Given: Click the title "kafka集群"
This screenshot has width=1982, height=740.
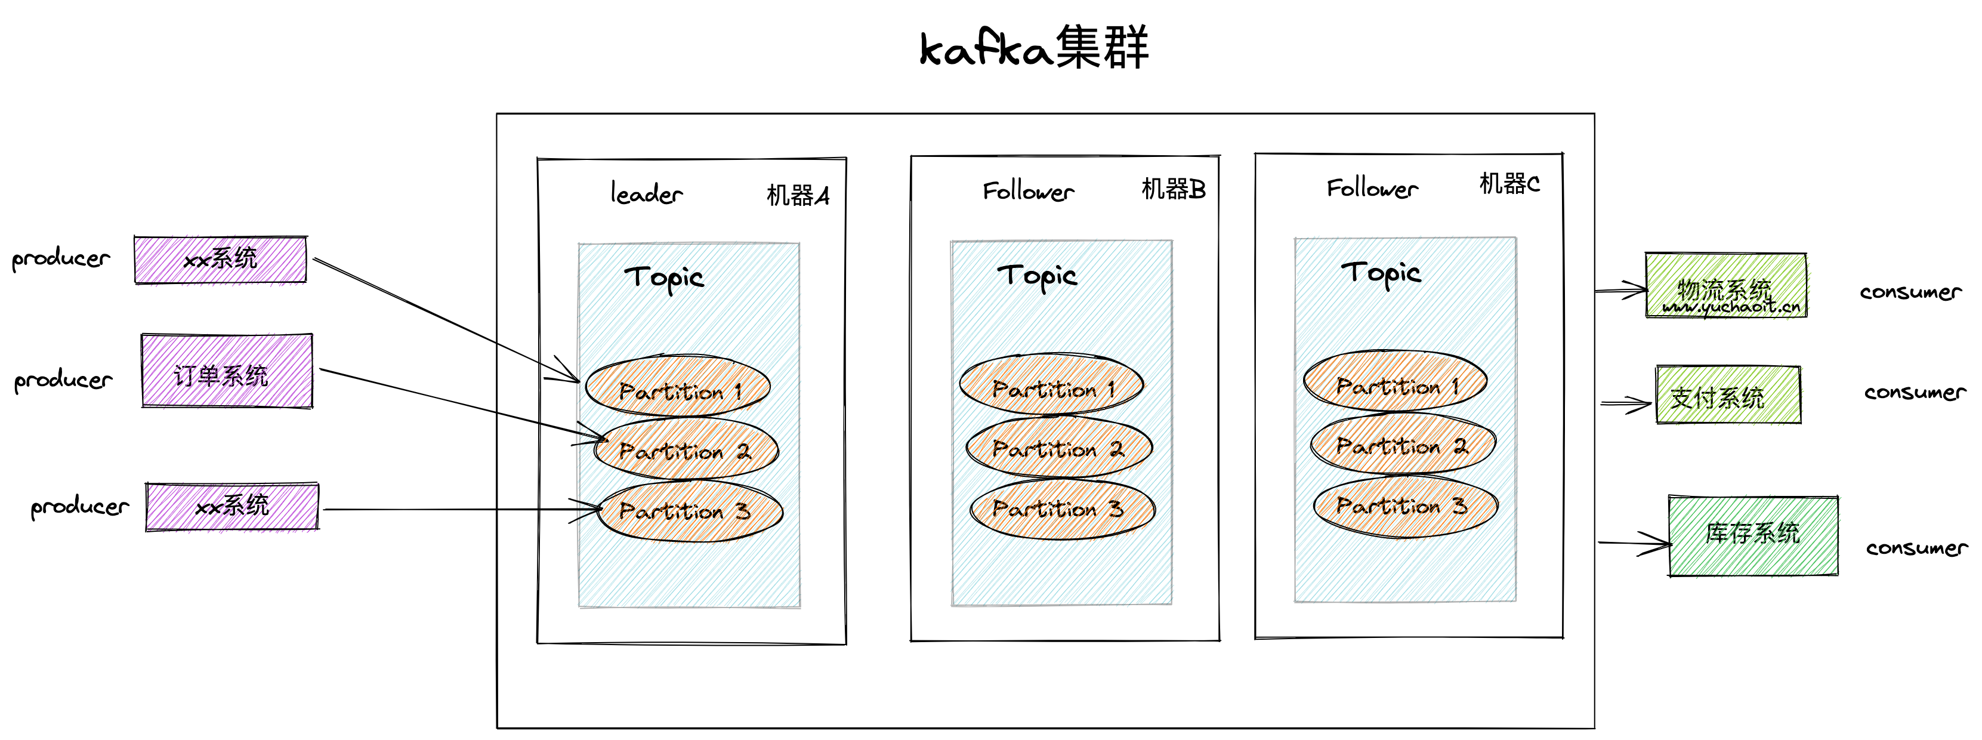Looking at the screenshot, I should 1033,48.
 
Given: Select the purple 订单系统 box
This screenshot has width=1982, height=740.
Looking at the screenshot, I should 227,371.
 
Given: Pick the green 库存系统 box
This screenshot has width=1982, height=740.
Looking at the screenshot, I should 1753,535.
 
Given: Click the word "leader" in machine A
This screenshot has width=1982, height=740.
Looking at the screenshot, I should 646,194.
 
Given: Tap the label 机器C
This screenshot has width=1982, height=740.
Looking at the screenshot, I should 1509,184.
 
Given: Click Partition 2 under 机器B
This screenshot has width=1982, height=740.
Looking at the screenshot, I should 1058,448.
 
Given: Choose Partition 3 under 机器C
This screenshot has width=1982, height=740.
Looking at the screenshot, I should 1404,506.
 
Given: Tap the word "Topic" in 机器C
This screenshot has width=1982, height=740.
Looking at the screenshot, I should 1381,274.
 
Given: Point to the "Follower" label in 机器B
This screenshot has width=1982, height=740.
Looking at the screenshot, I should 1028,192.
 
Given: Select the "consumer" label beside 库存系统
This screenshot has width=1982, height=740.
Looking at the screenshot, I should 1916,548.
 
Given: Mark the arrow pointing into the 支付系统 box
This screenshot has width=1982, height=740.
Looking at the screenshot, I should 1625,403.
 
